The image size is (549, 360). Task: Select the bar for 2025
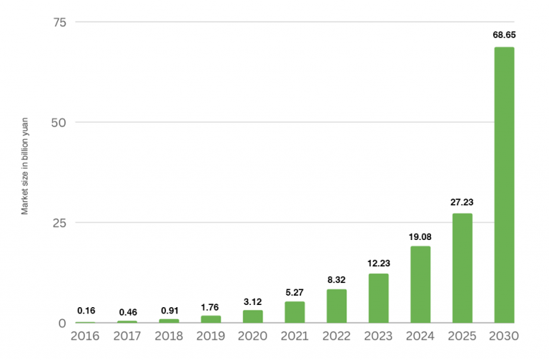(462, 268)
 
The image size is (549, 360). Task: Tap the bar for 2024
(420, 284)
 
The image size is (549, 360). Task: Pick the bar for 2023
(378, 298)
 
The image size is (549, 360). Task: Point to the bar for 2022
(337, 306)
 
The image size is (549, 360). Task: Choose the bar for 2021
(295, 312)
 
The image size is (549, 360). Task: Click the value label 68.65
(504, 34)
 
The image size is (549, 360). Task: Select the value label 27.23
(462, 201)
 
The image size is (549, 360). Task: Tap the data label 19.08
(420, 236)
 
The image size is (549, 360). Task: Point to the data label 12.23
(378, 262)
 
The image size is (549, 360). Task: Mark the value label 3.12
(252, 299)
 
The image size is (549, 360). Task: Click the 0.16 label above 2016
(86, 311)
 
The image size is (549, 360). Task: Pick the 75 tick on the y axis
(59, 22)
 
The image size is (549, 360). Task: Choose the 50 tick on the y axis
(59, 122)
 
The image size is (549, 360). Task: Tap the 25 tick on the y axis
(59, 223)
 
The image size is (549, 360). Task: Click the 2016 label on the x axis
(86, 336)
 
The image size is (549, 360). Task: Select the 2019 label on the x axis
(211, 336)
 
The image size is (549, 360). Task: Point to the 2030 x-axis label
(504, 336)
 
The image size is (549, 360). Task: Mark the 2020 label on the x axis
(252, 336)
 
